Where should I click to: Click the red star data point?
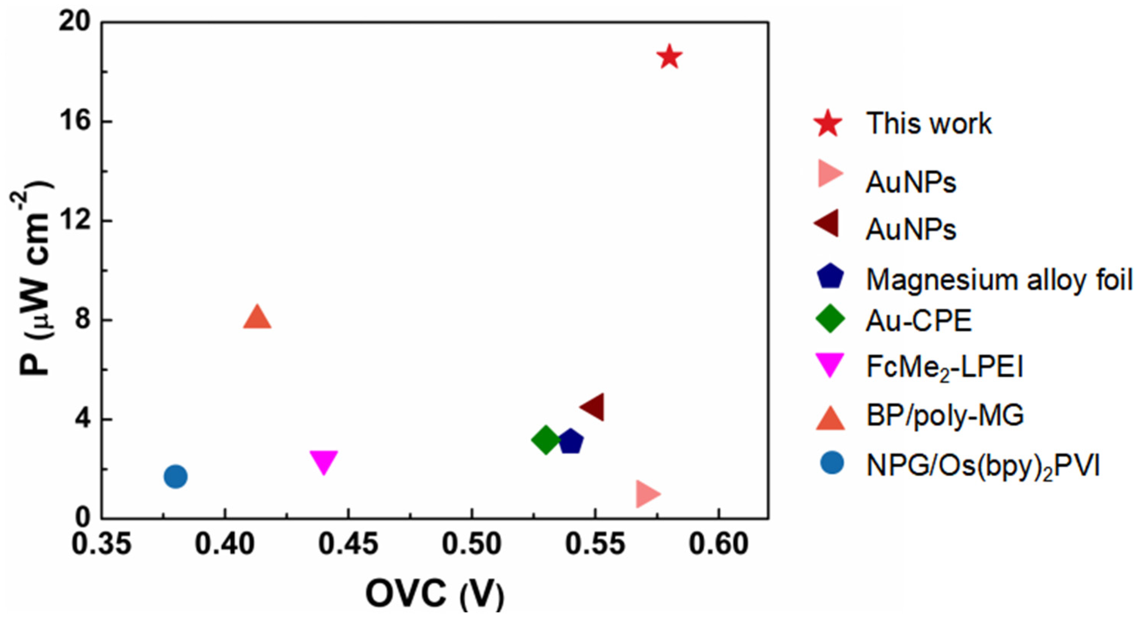(x=669, y=57)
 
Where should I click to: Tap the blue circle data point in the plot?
(x=176, y=477)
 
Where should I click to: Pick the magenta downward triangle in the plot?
(x=324, y=461)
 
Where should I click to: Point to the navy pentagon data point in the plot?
(x=571, y=442)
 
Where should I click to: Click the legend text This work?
(x=929, y=124)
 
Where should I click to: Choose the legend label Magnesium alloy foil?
(x=999, y=280)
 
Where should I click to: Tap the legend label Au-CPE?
(x=918, y=321)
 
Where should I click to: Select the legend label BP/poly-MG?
(x=945, y=415)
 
